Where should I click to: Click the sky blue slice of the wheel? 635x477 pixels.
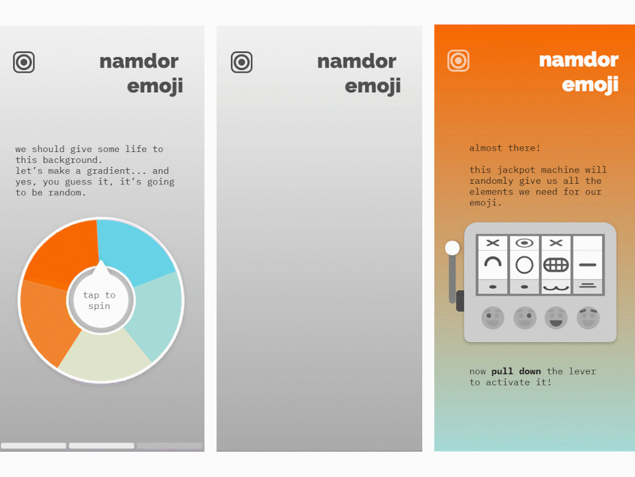point(133,249)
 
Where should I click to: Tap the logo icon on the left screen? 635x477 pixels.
point(24,62)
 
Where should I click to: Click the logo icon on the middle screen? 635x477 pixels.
point(242,62)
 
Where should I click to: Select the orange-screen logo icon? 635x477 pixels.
point(458,61)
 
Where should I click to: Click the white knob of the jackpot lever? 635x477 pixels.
point(452,248)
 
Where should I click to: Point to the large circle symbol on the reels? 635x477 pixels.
point(525,265)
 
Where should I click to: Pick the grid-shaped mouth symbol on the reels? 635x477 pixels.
point(556,265)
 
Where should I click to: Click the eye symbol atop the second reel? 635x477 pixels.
point(525,243)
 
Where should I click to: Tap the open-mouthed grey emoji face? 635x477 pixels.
point(556,317)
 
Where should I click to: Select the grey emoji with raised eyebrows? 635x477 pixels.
point(588,317)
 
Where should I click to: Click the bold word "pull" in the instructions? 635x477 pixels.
point(502,371)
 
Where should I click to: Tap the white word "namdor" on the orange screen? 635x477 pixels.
point(578,60)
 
